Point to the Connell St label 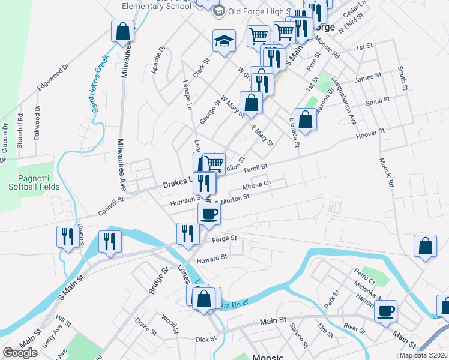tap(111, 206)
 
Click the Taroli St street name tap(255, 169)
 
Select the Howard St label tap(212, 258)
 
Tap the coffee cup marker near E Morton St tap(209, 214)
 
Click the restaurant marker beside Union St tap(67, 236)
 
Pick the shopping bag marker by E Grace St tap(306, 118)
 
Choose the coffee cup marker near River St tap(385, 311)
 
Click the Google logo tap(20, 353)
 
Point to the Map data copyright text tap(423, 355)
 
